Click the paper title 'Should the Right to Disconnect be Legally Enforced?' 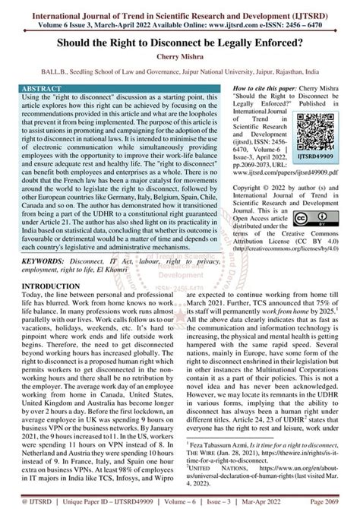180,43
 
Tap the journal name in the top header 180,10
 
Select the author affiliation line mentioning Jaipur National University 180,73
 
